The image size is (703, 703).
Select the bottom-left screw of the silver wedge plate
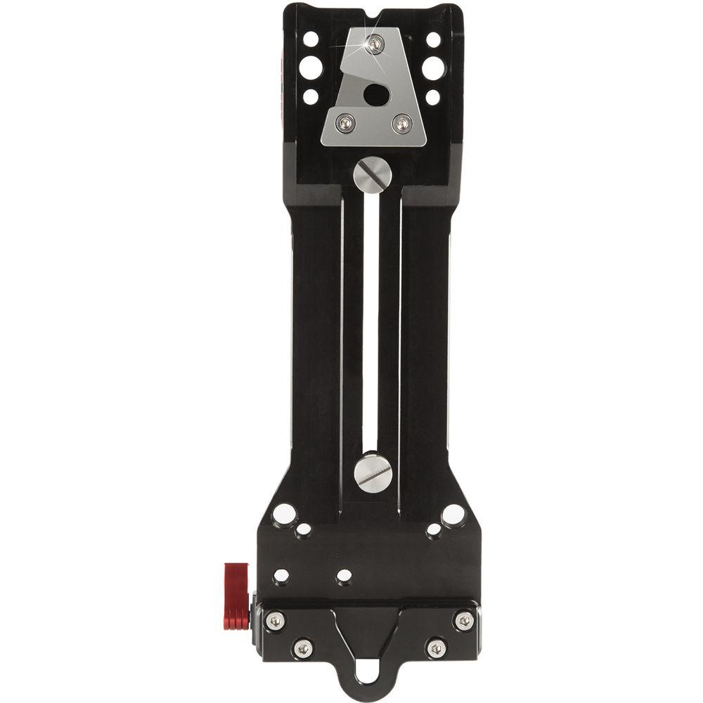(x=345, y=124)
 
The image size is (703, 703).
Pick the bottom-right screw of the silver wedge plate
(x=401, y=124)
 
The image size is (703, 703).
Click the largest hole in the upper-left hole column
(x=310, y=67)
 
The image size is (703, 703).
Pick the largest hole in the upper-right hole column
(x=433, y=67)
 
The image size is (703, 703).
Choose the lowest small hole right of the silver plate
(x=433, y=97)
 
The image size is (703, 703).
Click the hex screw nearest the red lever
(x=276, y=620)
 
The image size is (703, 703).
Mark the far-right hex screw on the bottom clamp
(x=463, y=620)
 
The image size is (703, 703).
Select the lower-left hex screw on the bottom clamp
(x=302, y=647)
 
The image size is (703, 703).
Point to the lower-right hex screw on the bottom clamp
(x=436, y=647)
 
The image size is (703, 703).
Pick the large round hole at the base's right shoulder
(x=453, y=515)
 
